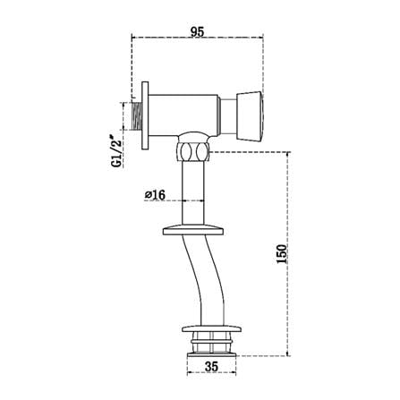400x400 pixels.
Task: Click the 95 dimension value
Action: [x=198, y=31]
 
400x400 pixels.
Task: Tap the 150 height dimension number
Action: [x=281, y=254]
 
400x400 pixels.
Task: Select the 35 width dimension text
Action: [x=211, y=366]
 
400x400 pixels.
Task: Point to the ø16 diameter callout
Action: [x=155, y=195]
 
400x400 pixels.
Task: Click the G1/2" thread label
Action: [x=116, y=151]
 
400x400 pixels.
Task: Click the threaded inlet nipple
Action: [x=136, y=116]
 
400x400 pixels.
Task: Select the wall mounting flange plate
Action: [x=145, y=115]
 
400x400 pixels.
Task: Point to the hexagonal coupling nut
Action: [x=192, y=151]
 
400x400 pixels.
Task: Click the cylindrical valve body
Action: [x=183, y=115]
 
